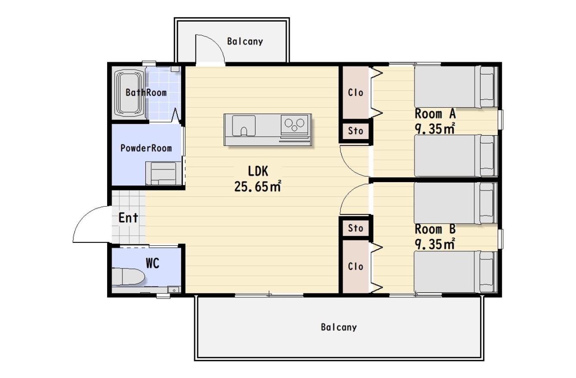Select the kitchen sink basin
(244, 125)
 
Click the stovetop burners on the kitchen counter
(294, 124)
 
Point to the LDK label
(258, 171)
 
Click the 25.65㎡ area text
(257, 186)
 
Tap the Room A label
(435, 114)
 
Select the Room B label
(435, 229)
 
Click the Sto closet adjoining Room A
(356, 131)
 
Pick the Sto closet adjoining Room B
(356, 228)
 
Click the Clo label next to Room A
(356, 93)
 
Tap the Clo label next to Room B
(356, 266)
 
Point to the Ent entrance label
(128, 218)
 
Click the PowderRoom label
(146, 148)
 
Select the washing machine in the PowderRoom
(164, 173)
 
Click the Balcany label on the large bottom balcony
(339, 327)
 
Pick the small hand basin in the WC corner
(174, 290)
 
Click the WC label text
(152, 263)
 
